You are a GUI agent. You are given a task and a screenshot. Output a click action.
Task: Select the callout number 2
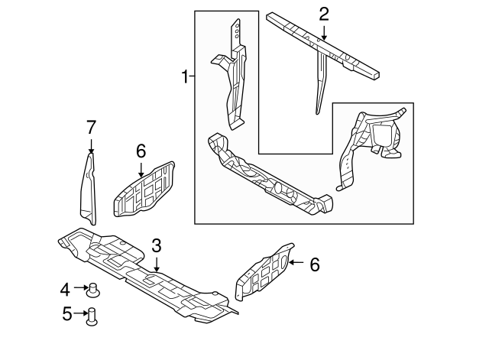click(323, 13)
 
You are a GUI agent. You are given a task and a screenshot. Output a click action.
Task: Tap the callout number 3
click(156, 245)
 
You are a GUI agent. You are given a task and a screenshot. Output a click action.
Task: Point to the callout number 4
click(65, 288)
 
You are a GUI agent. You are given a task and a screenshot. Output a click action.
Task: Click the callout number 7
click(91, 127)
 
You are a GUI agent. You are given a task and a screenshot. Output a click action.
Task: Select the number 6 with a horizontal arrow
click(314, 264)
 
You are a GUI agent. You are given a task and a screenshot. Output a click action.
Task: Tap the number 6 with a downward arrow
click(141, 151)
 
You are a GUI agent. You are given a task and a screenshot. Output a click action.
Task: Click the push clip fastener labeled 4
click(95, 289)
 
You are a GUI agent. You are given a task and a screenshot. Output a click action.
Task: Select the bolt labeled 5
click(94, 314)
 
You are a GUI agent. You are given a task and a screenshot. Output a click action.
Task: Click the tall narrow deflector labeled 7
click(89, 191)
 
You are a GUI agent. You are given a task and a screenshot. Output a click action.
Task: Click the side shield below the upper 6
click(144, 188)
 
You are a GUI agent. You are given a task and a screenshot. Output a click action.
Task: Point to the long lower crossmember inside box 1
click(267, 177)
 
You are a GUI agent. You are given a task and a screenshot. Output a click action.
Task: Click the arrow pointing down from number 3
click(156, 264)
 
